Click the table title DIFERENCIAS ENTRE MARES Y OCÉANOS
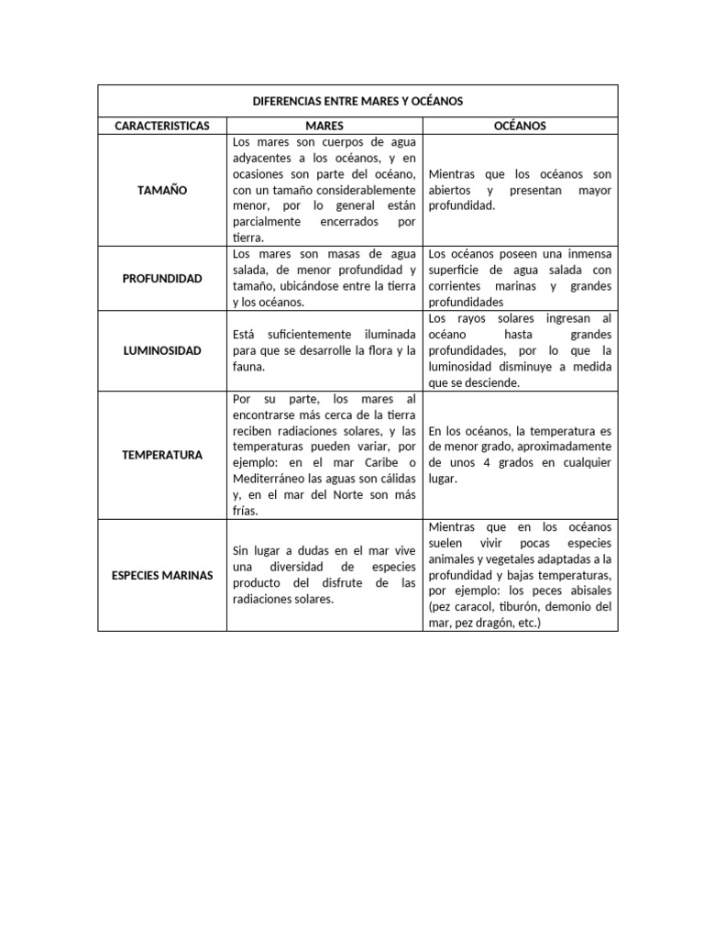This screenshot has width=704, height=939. point(357,101)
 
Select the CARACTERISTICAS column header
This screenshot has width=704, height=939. point(162,126)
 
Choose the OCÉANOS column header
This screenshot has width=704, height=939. point(520,126)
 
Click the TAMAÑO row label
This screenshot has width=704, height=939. point(162,191)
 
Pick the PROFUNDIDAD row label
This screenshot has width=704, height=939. point(162,278)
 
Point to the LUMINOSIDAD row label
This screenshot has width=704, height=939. point(162,350)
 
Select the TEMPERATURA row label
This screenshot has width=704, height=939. point(162,455)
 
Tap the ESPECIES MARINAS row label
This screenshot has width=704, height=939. point(162,575)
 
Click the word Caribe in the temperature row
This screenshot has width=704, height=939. point(378,463)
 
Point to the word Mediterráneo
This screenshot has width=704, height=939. point(269,479)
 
